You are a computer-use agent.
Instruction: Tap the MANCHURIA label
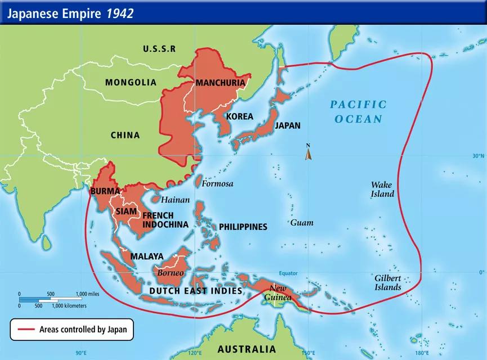click(x=220, y=83)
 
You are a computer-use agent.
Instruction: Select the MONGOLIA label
click(x=131, y=82)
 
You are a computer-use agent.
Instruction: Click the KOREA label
click(x=239, y=116)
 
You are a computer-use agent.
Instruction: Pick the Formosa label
click(x=218, y=183)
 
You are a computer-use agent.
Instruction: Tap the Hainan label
click(x=175, y=200)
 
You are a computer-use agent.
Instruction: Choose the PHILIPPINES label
click(x=243, y=227)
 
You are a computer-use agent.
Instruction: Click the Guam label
click(x=302, y=223)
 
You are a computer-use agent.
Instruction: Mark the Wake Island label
click(x=382, y=189)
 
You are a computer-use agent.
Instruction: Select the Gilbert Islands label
click(x=388, y=283)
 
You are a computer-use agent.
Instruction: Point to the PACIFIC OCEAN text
click(x=358, y=111)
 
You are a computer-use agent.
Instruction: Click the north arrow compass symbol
click(x=309, y=153)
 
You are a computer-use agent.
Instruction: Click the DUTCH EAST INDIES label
click(x=195, y=291)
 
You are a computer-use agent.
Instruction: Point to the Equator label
click(x=287, y=273)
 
